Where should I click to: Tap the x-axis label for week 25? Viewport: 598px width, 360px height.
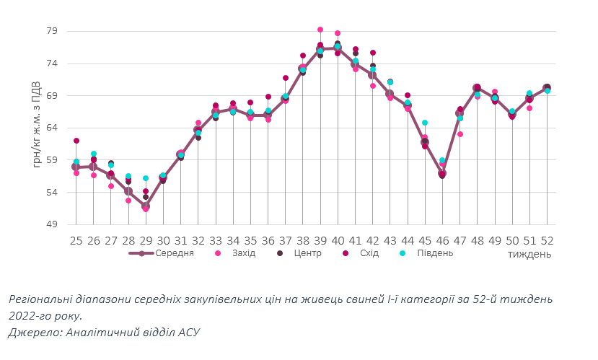point(76,240)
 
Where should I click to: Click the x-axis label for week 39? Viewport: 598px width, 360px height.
point(320,240)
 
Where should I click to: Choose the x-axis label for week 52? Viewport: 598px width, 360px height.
point(547,240)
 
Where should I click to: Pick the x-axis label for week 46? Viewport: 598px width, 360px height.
point(442,240)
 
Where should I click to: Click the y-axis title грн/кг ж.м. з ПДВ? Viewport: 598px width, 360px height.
point(37,124)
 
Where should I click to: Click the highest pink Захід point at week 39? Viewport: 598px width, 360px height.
point(320,30)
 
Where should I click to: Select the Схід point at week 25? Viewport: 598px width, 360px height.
point(76,141)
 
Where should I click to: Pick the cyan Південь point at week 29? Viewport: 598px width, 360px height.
point(146,178)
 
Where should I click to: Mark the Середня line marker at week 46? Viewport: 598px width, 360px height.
point(442,174)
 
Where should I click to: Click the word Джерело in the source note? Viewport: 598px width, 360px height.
point(32,333)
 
